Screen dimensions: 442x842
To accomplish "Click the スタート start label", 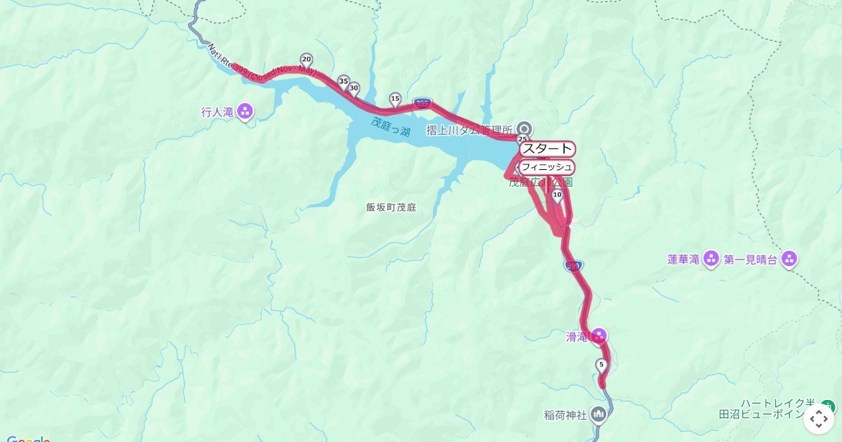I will pos(547,149).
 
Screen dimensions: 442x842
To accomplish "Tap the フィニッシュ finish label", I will pos(547,167).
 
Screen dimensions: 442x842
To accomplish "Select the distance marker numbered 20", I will pos(307,60).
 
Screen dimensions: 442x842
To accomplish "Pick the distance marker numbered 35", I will pos(343,81).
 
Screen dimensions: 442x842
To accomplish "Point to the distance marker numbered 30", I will pos(354,89).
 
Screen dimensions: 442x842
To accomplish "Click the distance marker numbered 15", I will pos(395,99).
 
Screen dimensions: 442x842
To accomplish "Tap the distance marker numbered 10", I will pos(557,195).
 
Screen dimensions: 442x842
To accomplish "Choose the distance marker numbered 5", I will pos(601,365).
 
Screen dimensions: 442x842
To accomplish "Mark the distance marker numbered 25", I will pos(522,139).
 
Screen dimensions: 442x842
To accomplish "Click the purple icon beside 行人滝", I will pos(245,111).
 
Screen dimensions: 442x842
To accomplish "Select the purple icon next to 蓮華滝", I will pos(711,259).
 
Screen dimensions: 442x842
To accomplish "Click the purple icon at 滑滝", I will pos(599,336).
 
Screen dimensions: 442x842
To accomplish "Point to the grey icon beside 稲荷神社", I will pos(599,414).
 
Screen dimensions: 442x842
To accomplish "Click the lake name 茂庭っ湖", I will pos(391,126).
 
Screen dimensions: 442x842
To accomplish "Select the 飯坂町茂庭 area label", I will pos(391,208).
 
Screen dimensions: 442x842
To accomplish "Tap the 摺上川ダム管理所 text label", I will pos(469,130).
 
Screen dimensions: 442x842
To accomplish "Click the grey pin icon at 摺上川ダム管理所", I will pos(524,128).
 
